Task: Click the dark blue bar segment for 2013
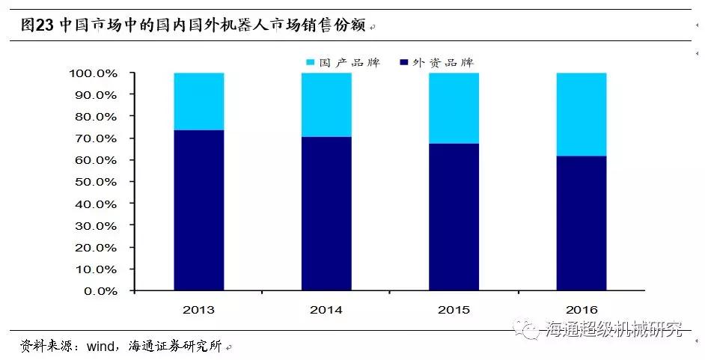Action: (199, 210)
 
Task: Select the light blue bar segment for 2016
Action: (582, 115)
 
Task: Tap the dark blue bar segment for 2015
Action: (454, 217)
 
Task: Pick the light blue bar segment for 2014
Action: (326, 105)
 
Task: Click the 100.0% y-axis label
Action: (94, 73)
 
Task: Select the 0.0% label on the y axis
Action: (101, 291)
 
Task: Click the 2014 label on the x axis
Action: (326, 310)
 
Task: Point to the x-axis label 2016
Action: (582, 310)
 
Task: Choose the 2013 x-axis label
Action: (199, 310)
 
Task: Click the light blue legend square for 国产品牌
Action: (310, 62)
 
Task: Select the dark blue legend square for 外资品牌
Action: (403, 62)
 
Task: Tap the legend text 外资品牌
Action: (443, 62)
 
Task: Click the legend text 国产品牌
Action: (350, 62)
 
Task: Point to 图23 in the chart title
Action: (37, 25)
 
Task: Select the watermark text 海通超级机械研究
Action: (614, 329)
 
